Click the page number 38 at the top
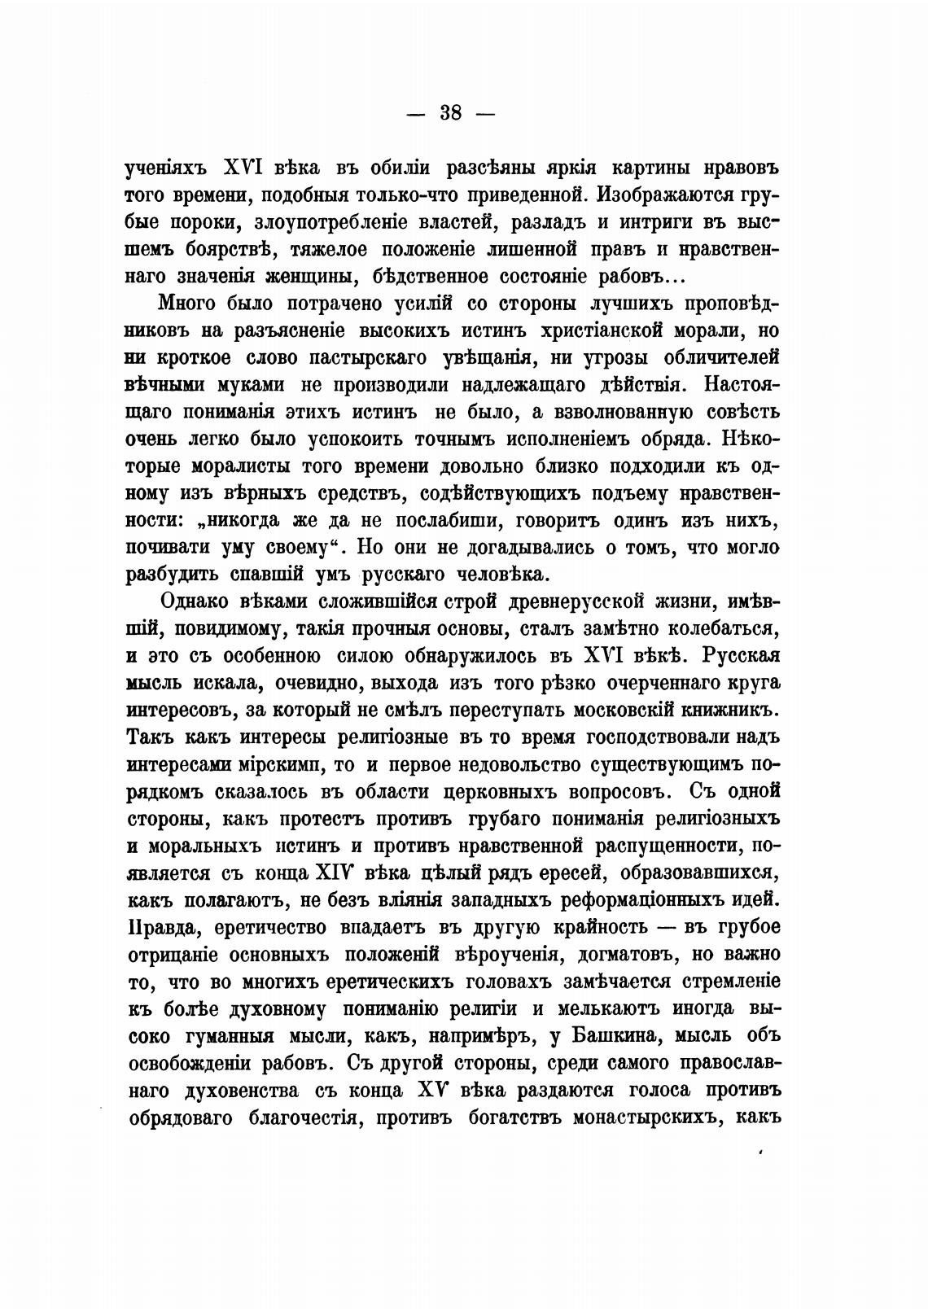point(449,113)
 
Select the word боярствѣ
point(230,250)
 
